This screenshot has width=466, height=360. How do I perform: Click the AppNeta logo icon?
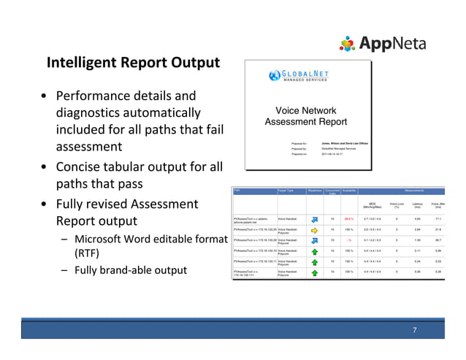[347, 45]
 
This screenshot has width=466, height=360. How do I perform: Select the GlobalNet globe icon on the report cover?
[275, 74]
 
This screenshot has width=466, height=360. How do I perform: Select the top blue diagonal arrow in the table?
[314, 217]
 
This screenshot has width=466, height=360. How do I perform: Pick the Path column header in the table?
[237, 190]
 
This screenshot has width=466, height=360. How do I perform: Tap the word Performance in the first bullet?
[97, 96]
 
